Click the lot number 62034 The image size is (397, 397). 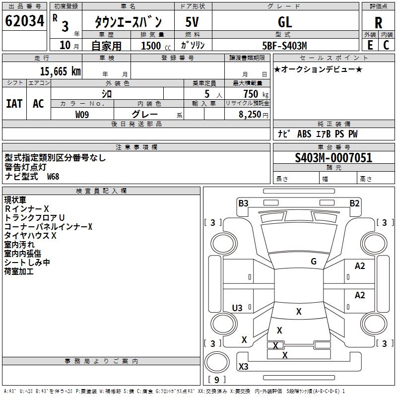(24, 21)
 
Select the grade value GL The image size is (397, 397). (285, 22)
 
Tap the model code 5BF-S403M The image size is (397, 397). (284, 46)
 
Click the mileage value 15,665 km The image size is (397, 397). (61, 71)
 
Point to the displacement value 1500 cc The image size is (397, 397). (156, 46)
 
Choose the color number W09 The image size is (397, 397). (82, 115)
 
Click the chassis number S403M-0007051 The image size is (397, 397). (333, 158)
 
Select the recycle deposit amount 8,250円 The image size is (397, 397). (254, 115)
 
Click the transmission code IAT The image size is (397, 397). (14, 104)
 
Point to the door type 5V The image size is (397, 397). (192, 22)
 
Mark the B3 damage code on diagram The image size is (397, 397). (243, 203)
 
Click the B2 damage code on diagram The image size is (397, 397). (354, 203)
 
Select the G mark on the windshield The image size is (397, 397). (314, 262)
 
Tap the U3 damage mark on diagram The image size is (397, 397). (237, 308)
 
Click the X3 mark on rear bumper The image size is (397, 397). (244, 366)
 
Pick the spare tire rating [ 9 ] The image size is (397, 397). (217, 380)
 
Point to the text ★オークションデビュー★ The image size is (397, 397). (318, 69)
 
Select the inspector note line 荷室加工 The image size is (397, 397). (19, 271)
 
